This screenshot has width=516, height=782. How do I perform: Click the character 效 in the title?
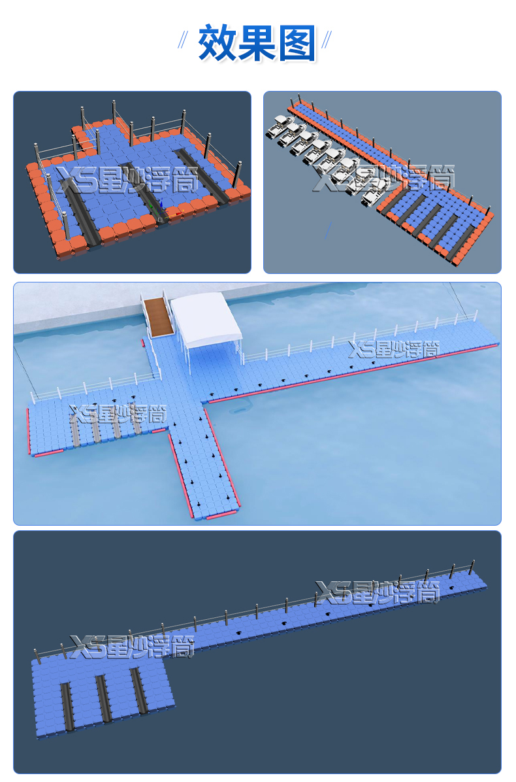coord(217,43)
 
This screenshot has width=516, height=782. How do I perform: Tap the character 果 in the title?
coord(257,43)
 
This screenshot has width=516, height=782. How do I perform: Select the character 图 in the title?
coord(297,43)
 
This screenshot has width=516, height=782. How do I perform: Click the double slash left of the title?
coord(184,40)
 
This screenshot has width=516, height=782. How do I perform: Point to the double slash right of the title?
coord(327,40)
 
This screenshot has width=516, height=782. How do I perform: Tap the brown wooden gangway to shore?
coord(158,316)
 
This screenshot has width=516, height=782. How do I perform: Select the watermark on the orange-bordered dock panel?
coord(127,180)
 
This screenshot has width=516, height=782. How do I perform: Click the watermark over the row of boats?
coord(383,178)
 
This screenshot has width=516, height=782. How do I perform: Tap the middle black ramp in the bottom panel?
coord(103,698)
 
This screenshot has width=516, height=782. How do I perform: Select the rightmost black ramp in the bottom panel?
coord(138,689)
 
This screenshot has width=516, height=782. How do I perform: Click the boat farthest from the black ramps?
coord(279,126)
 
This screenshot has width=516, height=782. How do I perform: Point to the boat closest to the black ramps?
coord(374,194)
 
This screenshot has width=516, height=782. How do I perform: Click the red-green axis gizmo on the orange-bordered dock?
coord(165,212)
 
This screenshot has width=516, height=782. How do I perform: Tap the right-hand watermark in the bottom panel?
coord(378,592)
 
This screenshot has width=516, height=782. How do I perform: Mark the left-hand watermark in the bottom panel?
coord(132,647)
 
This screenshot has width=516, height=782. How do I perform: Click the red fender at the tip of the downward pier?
coord(223,515)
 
